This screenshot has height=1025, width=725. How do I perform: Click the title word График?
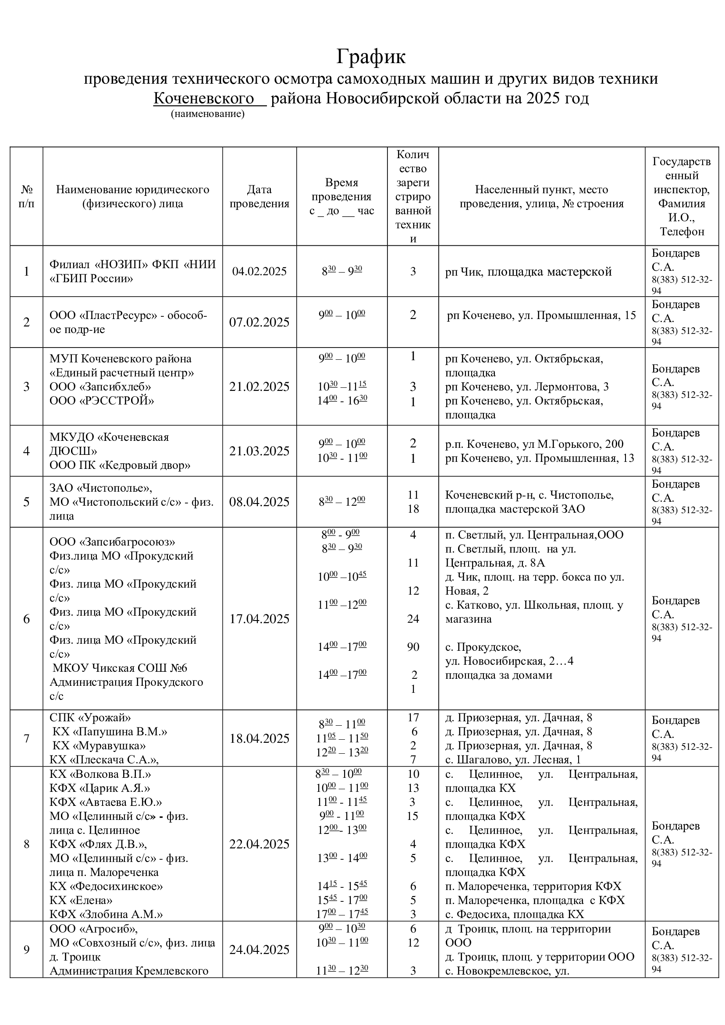point(370,57)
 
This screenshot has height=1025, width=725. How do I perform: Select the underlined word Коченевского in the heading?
point(203,98)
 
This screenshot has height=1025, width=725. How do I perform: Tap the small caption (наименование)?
point(208,114)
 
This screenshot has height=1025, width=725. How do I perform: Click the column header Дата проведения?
point(259,196)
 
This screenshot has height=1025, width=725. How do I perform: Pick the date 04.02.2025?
point(259,271)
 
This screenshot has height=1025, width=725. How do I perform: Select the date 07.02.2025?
point(259,323)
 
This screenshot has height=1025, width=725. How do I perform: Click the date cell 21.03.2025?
point(259,451)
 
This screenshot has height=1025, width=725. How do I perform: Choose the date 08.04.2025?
point(259,502)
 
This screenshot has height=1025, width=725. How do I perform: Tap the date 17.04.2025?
point(259,619)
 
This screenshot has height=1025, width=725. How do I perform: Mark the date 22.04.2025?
point(259,844)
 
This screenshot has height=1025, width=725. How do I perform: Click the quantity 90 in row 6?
point(413,647)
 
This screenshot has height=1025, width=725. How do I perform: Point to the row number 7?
point(26,738)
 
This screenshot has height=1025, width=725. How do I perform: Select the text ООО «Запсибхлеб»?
point(100,387)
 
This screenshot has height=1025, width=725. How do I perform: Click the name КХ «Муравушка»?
point(99,745)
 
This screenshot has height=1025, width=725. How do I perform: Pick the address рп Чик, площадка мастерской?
point(528,272)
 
